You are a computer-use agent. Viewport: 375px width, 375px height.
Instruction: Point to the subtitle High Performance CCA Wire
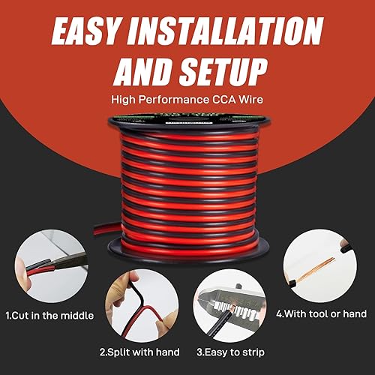point(187,98)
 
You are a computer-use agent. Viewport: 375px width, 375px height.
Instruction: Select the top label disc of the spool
point(187,121)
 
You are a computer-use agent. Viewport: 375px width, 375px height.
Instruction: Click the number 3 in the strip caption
point(199,350)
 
